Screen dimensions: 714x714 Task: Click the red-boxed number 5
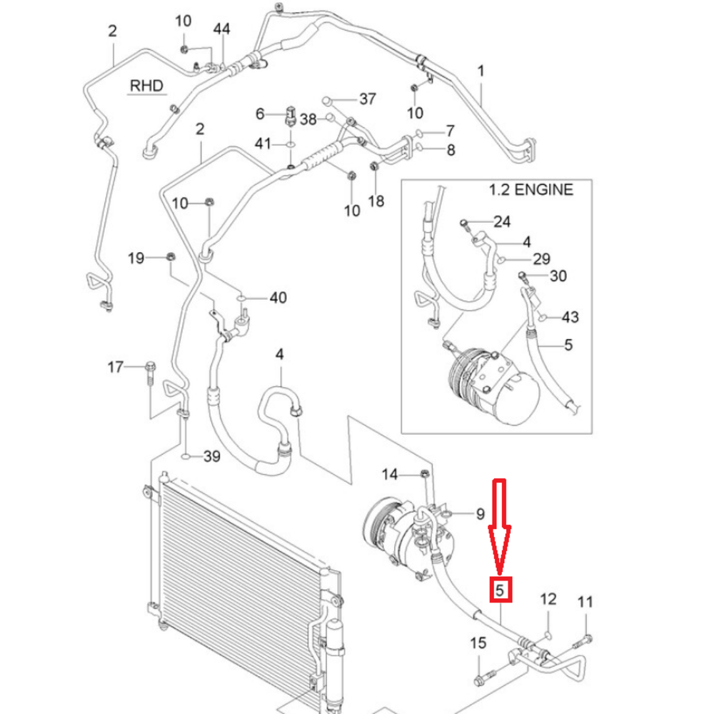point(501,590)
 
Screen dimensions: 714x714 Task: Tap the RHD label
point(146,86)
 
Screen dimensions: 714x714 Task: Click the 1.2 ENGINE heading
point(531,190)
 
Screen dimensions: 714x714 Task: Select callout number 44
point(222,29)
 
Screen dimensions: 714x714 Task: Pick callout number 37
point(367,99)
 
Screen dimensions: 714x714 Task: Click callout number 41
point(263,144)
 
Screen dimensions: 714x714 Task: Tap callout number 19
point(136,257)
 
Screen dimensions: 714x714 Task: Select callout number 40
point(278,297)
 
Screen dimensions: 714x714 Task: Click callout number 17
point(115,368)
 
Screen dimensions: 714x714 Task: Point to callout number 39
point(213,456)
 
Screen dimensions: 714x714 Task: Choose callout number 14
point(390,474)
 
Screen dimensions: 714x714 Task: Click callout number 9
point(480,513)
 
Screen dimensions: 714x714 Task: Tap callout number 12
point(548,599)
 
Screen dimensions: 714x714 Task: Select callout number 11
point(585,602)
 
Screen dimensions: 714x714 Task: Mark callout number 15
point(478,644)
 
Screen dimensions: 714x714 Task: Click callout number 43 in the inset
point(570,317)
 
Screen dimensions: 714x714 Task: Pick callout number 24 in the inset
point(502,222)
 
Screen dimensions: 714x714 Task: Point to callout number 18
point(376,201)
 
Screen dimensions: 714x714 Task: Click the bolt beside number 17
point(149,372)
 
